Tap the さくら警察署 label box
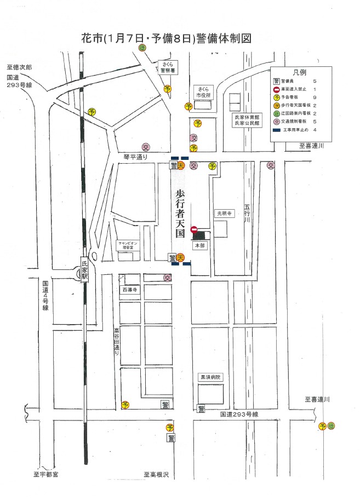166,67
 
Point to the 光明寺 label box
224,214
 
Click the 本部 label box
199,246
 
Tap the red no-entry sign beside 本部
193,230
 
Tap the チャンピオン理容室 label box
129,245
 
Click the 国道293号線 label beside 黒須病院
239,414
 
